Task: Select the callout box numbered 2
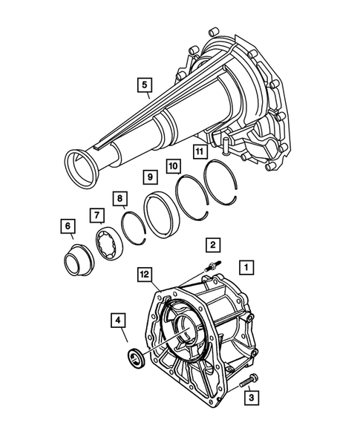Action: [x=212, y=244]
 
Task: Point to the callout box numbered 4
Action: [x=117, y=322]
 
